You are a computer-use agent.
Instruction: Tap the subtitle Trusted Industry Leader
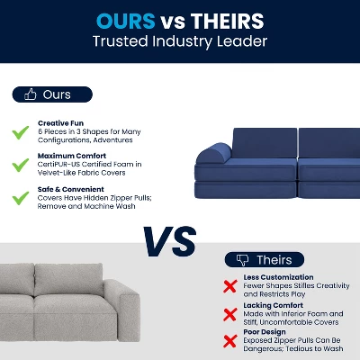click(x=180, y=41)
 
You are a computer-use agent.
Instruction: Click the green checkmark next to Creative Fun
click(x=20, y=131)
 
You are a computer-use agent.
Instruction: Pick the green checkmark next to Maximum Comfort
click(x=20, y=164)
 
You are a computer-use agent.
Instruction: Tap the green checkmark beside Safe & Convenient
click(x=20, y=197)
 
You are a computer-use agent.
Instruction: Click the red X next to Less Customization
click(x=230, y=286)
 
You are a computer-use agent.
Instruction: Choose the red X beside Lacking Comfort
click(x=230, y=315)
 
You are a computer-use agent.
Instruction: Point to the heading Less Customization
click(x=279, y=277)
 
